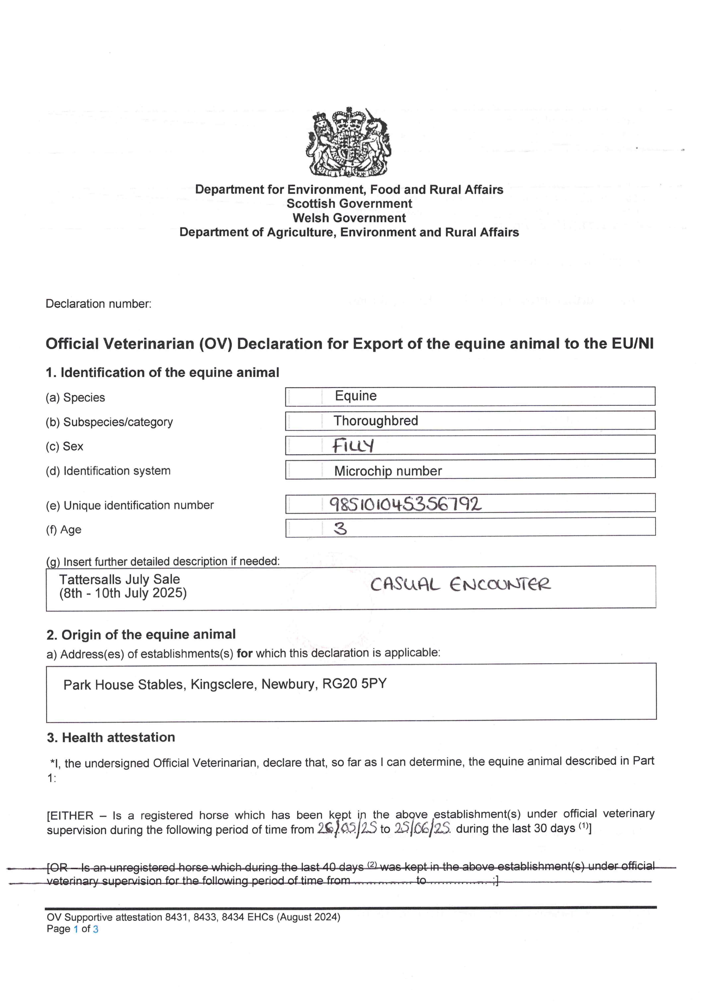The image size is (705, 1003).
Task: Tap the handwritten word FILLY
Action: (x=353, y=446)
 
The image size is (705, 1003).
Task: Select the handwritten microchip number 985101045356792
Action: (x=405, y=504)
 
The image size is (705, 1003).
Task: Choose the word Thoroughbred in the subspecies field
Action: (x=376, y=421)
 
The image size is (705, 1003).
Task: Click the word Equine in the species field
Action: (x=356, y=396)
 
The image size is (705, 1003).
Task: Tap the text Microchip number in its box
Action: (x=388, y=471)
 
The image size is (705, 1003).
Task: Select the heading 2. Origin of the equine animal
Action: (x=141, y=634)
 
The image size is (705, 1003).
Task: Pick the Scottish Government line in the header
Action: (x=349, y=204)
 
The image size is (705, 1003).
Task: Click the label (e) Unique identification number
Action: (x=130, y=506)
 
